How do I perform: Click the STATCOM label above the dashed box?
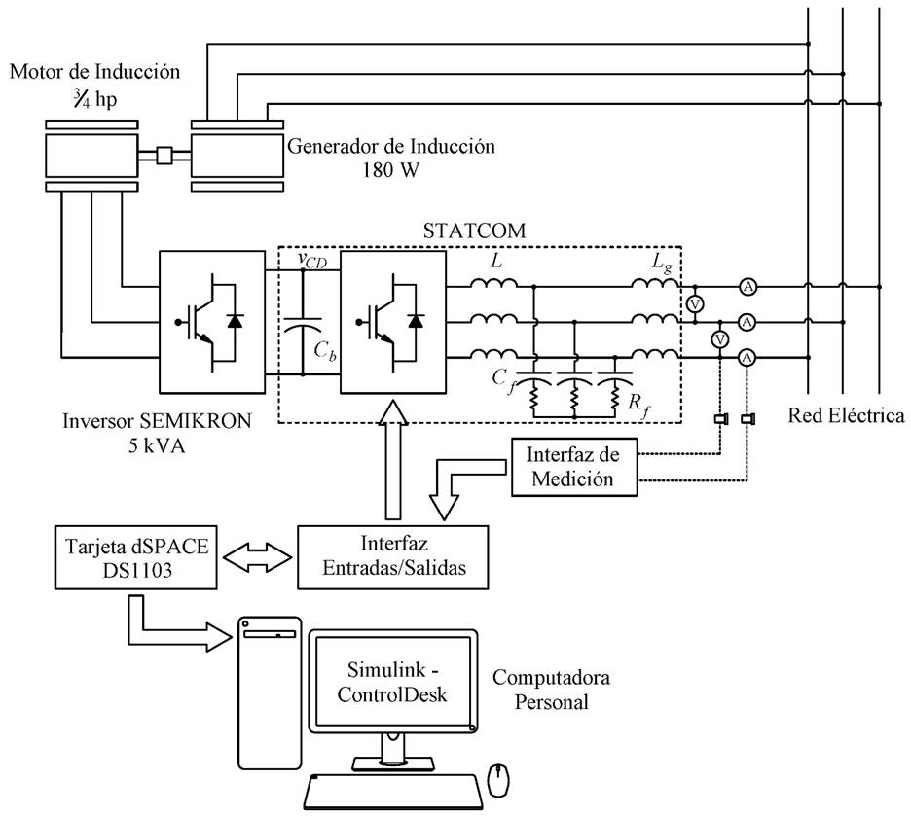(x=474, y=231)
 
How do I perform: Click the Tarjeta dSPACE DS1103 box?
(x=135, y=554)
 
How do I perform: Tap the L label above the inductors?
(x=496, y=264)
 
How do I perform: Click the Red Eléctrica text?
(x=846, y=416)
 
